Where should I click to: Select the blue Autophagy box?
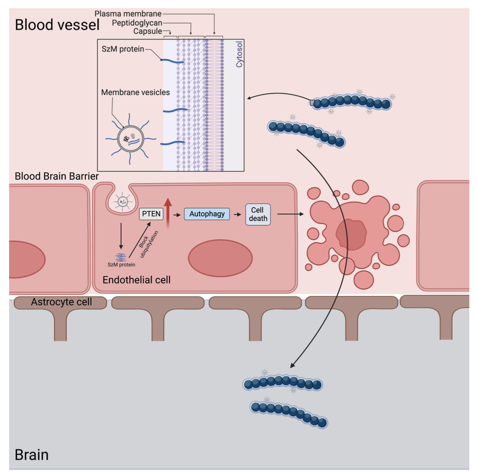tap(207, 214)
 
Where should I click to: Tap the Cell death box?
tap(258, 214)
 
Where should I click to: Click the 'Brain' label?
tap(32, 454)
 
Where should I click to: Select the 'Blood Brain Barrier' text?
tap(57, 176)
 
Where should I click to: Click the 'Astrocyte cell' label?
tap(61, 302)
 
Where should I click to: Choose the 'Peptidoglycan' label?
tap(136, 23)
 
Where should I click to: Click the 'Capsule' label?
tap(148, 32)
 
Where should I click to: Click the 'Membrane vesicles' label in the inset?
tap(135, 92)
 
